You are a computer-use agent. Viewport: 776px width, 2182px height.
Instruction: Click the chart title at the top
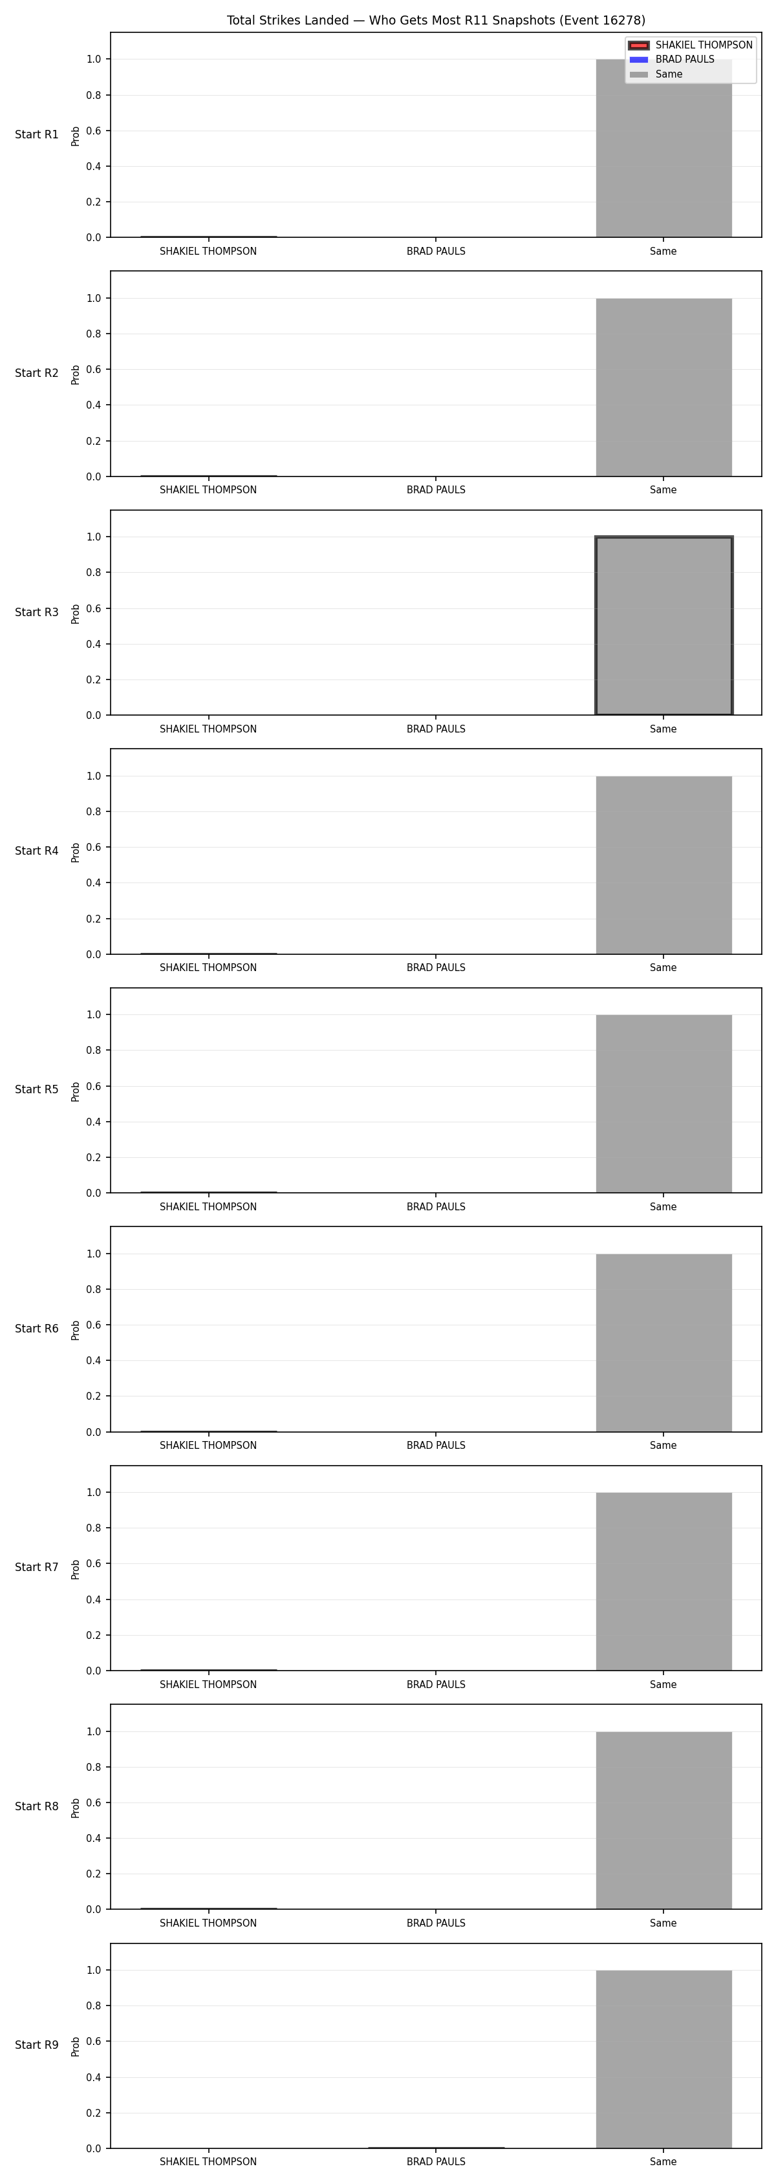point(435,20)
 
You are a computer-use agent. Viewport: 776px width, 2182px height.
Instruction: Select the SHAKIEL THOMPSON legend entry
point(691,45)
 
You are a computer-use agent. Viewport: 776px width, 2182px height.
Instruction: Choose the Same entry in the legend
point(656,74)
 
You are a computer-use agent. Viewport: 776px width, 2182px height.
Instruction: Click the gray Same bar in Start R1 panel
point(663,148)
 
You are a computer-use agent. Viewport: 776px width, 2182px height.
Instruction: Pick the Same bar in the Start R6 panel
point(663,1343)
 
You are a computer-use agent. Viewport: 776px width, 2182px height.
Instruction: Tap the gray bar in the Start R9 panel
point(663,2059)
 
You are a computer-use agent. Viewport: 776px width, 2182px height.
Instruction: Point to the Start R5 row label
point(36,1090)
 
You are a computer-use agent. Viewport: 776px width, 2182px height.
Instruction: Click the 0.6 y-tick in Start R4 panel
point(93,847)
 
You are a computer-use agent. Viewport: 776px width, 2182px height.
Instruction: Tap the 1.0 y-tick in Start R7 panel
point(93,1493)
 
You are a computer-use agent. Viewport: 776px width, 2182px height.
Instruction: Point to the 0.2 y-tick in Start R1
point(93,202)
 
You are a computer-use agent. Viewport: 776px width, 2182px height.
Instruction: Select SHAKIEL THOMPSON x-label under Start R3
point(208,729)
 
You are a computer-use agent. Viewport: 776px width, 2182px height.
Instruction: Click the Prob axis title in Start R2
point(76,374)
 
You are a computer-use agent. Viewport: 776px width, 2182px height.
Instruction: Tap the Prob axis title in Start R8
point(76,1808)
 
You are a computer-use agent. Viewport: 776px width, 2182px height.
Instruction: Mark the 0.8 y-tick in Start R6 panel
point(93,1289)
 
